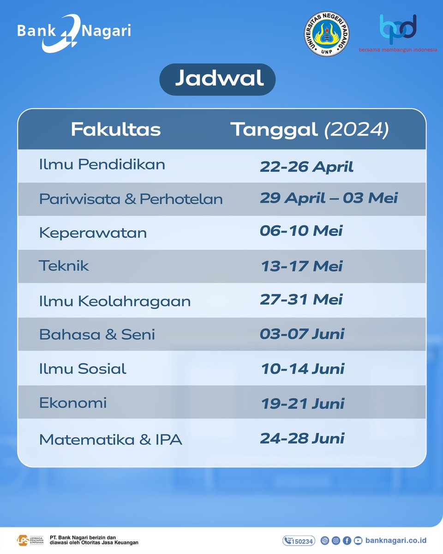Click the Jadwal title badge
(x=217, y=79)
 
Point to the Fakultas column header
(x=115, y=130)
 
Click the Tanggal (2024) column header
(x=310, y=130)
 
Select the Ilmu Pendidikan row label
(x=102, y=164)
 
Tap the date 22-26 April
(x=306, y=166)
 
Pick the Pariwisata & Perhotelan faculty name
(x=131, y=199)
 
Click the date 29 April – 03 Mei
(x=329, y=198)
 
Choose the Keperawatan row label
(x=93, y=233)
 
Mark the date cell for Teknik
(x=302, y=266)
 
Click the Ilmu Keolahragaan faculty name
(x=114, y=301)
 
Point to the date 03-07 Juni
(x=302, y=334)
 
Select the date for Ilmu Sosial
(x=303, y=369)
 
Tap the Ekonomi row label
(x=73, y=403)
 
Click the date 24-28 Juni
(x=302, y=438)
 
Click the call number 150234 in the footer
(x=299, y=541)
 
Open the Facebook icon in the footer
(x=347, y=541)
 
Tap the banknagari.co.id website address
(x=395, y=541)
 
